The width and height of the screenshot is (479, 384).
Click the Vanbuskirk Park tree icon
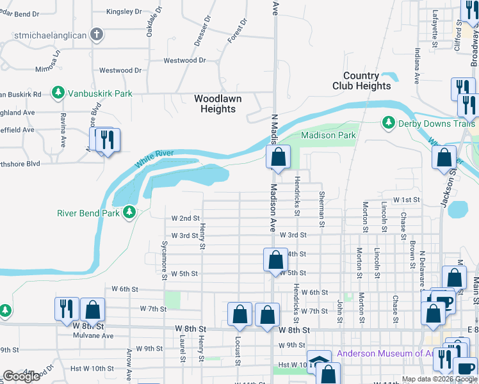(58, 93)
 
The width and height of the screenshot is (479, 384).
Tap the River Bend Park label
(88, 212)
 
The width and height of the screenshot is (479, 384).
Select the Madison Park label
(328, 135)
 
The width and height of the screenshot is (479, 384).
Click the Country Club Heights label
(361, 81)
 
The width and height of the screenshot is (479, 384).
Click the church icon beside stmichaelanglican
(97, 35)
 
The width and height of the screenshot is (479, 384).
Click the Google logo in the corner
(21, 376)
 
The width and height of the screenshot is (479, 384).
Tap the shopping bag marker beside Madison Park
(279, 157)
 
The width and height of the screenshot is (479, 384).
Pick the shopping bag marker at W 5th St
(275, 260)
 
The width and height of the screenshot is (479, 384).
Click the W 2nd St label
(186, 218)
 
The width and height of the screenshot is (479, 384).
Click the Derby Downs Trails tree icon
(387, 122)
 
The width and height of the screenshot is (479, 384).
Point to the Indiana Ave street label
(416, 67)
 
